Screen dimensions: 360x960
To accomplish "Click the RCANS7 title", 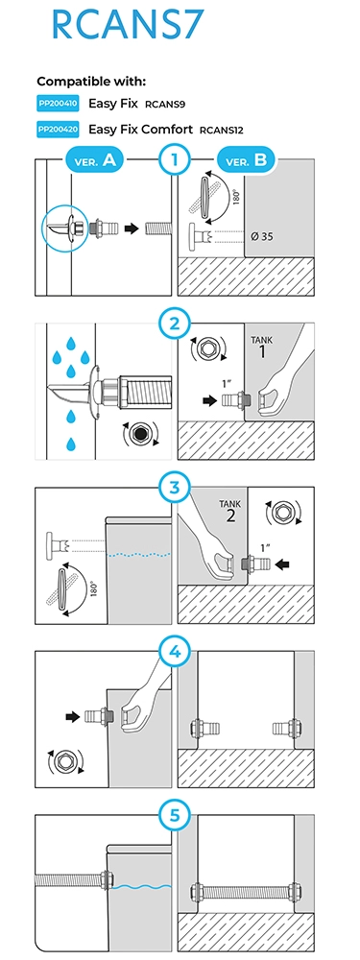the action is (127, 25).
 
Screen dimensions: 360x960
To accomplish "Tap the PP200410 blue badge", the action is (58, 104).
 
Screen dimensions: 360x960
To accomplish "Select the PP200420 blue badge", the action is (58, 130).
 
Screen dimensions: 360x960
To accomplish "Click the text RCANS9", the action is (165, 105).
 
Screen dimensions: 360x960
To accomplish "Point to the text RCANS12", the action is (222, 131).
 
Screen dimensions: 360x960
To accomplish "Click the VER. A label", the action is (94, 161).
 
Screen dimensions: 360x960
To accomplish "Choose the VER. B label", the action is (247, 161).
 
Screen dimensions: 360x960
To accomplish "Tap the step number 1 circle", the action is (175, 161).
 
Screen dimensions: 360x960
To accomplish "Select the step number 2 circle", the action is (175, 324).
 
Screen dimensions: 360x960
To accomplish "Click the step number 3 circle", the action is (175, 489).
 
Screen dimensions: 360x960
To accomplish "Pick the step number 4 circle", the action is (175, 652).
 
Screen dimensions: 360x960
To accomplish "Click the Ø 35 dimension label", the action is (262, 236).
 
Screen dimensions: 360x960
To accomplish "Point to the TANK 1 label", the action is (263, 348).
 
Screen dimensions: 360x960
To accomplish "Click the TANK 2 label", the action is (230, 512).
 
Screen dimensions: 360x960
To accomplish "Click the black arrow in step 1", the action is (131, 229).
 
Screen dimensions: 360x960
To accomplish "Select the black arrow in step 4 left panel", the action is (73, 716).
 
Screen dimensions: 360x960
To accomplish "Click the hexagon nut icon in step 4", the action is (63, 761).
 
